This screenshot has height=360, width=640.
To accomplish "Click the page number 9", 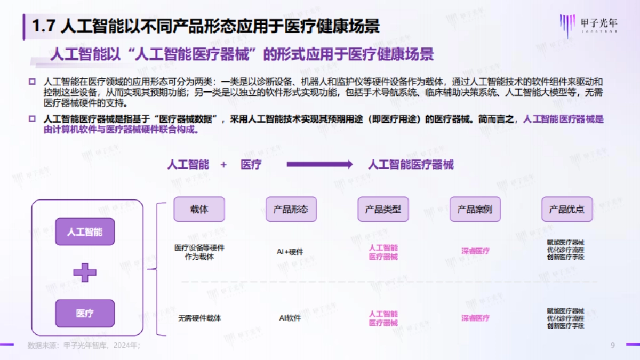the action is [x=613, y=345].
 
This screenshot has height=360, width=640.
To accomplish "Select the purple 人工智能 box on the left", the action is [x=85, y=232].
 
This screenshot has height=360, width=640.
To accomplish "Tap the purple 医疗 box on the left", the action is [x=85, y=313].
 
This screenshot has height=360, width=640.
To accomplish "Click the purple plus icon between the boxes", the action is [x=85, y=273].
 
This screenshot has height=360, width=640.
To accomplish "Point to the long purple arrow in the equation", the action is [x=319, y=165].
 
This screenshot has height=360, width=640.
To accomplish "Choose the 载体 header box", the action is [x=199, y=209].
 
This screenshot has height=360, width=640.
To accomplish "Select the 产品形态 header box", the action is [x=291, y=209].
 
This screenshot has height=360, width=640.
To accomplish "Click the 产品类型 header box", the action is [x=383, y=209].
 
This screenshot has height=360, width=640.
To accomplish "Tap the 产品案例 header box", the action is [x=475, y=209].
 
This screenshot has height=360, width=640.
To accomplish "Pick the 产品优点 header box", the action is [x=566, y=209].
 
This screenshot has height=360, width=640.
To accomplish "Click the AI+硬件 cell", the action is [x=290, y=252].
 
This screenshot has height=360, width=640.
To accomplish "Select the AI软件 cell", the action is [x=290, y=318].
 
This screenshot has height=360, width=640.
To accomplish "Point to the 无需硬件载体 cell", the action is [x=199, y=318].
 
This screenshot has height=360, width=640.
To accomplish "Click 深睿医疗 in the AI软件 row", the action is [x=475, y=318].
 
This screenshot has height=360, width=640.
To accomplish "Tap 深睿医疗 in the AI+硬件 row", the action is [x=475, y=251].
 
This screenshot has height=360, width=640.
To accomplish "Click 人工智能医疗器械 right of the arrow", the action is [x=411, y=165].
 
